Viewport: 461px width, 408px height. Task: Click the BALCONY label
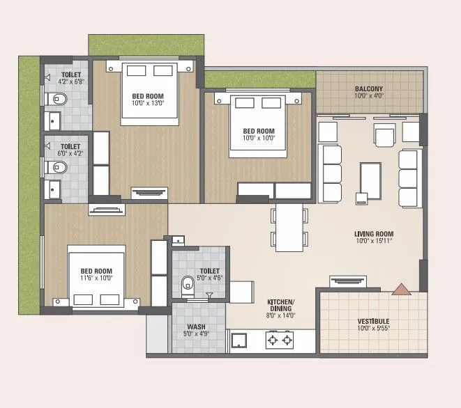(369, 88)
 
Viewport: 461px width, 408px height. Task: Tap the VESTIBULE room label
(369, 322)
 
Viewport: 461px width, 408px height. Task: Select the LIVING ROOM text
(374, 234)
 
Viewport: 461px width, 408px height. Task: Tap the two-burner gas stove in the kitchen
(279, 340)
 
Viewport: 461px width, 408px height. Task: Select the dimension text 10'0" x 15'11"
(374, 242)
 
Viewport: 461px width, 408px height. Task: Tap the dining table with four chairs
(289, 227)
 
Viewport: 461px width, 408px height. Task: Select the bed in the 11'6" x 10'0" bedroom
(96, 276)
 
